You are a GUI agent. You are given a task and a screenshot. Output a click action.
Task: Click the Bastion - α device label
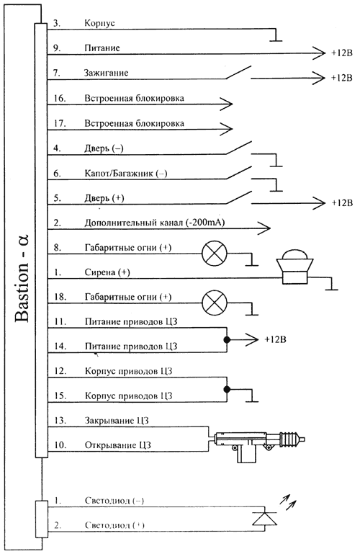[x=22, y=277]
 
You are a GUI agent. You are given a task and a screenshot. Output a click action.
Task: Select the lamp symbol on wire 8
[x=215, y=254]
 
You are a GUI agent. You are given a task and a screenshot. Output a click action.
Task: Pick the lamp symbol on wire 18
[x=215, y=303]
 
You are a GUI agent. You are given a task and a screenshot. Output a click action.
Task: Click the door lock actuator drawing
[x=257, y=444]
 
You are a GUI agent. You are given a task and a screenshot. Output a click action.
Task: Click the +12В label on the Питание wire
[x=342, y=53]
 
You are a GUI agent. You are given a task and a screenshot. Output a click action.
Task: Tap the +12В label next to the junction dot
[x=275, y=339]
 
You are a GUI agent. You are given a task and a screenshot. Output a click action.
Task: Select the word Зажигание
[x=106, y=73]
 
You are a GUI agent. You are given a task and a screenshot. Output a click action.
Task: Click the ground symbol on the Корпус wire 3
[x=276, y=36]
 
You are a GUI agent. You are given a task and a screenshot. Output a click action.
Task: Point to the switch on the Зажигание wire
[x=238, y=73]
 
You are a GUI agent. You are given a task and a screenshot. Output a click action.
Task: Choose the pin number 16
[x=60, y=98]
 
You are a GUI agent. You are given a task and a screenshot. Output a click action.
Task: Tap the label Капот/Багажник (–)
[x=126, y=174]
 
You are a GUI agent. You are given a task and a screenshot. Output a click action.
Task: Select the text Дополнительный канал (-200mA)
[x=155, y=223]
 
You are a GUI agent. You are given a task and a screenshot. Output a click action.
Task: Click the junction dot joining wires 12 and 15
[x=227, y=389]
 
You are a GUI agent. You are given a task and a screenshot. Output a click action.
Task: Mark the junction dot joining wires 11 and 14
[x=227, y=339]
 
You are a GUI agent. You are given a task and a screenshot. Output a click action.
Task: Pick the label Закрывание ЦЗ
[x=117, y=421]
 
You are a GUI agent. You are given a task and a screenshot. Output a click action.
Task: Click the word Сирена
[x=100, y=272]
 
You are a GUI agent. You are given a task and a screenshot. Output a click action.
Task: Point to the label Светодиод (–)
[x=114, y=501]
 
